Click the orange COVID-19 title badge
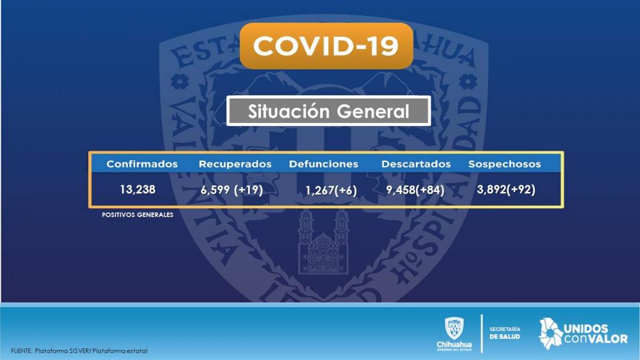[327, 46]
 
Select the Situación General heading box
[329, 111]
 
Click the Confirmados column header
[142, 164]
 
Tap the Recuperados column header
[235, 164]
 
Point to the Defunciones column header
[324, 164]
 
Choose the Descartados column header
[416, 164]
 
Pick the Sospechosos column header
[505, 164]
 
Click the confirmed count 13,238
[138, 190]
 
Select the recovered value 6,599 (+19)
[231, 190]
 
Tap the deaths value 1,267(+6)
[331, 191]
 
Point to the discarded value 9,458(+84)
[415, 190]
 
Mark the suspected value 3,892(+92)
[506, 190]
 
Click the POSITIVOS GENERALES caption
[138, 215]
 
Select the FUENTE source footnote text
[79, 351]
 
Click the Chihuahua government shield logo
[454, 329]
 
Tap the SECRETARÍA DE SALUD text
[505, 333]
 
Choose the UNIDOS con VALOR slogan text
[596, 334]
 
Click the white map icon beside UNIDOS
[551, 334]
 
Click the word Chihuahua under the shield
[454, 345]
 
